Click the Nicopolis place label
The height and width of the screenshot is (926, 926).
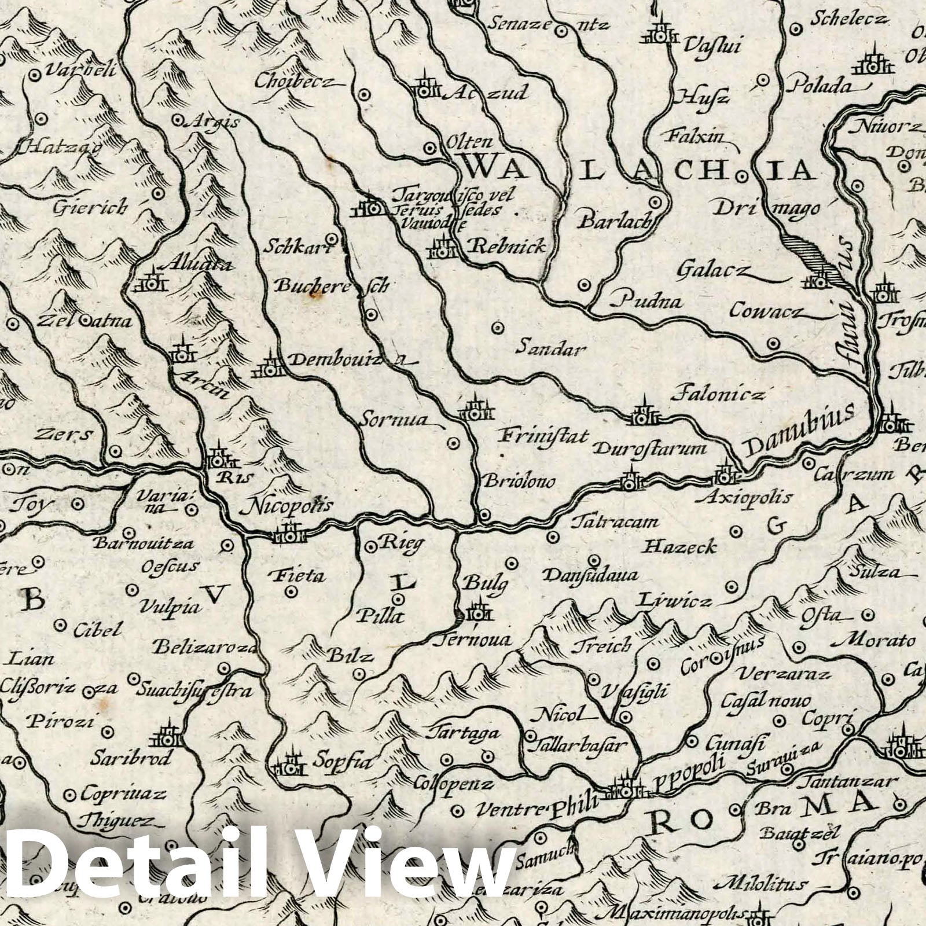coord(290,506)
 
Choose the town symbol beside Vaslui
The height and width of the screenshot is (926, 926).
coord(661,35)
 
